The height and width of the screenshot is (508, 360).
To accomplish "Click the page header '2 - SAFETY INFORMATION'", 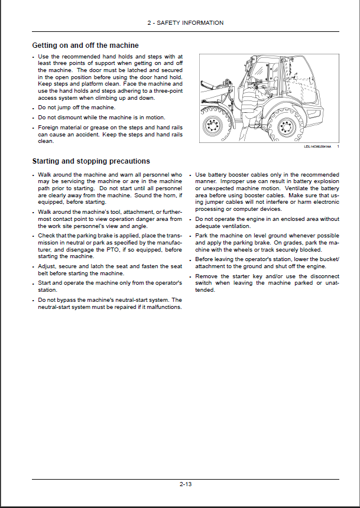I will (185, 23).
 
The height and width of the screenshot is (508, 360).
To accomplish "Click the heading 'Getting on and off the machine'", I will (85, 45).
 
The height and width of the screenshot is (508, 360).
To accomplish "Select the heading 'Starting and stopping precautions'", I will (90, 161).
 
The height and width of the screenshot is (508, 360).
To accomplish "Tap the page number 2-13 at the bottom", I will (186, 484).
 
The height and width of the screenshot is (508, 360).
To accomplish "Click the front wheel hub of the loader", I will (211, 126).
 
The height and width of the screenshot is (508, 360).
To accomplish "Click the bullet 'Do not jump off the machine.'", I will (76, 108).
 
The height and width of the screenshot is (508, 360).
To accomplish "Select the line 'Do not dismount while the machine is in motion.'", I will (101, 118).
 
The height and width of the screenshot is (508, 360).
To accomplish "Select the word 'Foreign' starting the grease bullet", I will (48, 128).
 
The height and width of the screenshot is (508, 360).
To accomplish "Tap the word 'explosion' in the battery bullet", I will (326, 181).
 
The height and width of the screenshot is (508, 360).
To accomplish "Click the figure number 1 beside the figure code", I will (338, 147).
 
